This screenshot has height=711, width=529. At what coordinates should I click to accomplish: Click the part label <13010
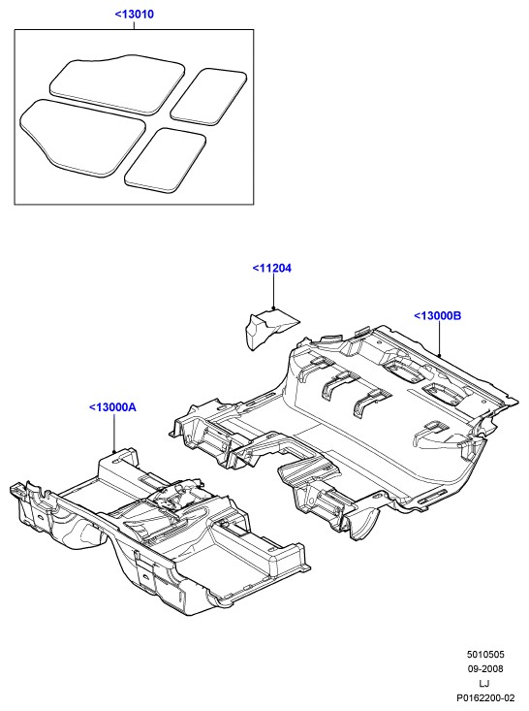(x=134, y=14)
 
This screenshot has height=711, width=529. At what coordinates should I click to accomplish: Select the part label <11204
(x=271, y=268)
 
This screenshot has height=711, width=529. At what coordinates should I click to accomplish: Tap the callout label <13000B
(x=438, y=315)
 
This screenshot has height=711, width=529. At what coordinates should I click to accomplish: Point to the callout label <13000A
(x=112, y=407)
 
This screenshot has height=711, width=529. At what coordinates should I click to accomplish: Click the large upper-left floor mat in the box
(x=117, y=84)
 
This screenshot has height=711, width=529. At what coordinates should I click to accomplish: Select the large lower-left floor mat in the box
(x=82, y=137)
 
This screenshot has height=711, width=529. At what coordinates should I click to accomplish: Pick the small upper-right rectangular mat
(x=209, y=97)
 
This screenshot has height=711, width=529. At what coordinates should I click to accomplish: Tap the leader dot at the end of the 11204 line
(x=273, y=308)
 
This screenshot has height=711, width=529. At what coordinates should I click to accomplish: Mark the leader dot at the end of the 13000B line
(x=440, y=355)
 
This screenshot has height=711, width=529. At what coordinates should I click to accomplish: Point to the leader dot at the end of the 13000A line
(x=114, y=451)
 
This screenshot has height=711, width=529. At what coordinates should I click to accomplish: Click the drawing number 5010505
(x=485, y=655)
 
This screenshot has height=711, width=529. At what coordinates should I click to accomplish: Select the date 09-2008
(x=485, y=669)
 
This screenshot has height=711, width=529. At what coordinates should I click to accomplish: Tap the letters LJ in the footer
(x=484, y=683)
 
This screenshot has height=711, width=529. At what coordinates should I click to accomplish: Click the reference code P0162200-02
(x=485, y=697)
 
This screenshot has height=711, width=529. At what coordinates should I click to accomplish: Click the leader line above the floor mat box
(x=134, y=25)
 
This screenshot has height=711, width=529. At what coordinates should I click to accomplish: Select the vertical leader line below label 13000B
(x=440, y=339)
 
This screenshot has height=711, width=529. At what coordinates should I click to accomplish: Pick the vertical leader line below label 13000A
(x=114, y=433)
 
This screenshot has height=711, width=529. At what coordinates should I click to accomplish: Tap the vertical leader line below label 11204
(x=273, y=291)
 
